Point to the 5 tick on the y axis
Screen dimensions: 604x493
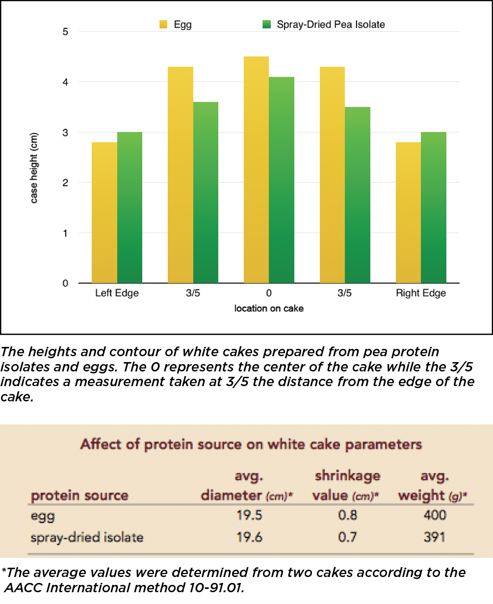tap(66, 32)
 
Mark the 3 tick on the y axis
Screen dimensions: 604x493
tap(66, 132)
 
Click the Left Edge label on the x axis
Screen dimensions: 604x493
tap(117, 293)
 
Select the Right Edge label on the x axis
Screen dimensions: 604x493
tap(421, 293)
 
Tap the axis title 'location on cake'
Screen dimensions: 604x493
tap(269, 309)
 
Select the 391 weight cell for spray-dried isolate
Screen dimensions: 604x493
tap(434, 537)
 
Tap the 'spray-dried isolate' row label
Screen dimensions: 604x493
tap(87, 537)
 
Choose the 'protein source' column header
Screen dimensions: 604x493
tap(79, 496)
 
